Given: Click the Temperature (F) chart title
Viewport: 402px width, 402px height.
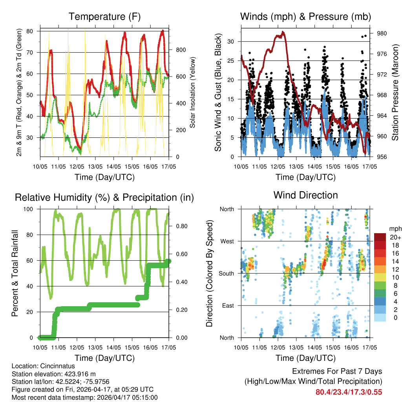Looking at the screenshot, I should click(x=104, y=17).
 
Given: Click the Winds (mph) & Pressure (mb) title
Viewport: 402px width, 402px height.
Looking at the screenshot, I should click(x=305, y=17).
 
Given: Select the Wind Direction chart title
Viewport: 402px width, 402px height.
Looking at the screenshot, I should click(x=305, y=195).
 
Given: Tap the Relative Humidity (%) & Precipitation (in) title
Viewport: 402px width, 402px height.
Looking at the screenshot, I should click(x=104, y=197).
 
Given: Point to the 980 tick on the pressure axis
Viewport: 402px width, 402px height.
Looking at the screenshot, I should click(x=382, y=33).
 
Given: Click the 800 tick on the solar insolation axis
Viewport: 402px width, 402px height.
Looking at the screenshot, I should click(x=181, y=50).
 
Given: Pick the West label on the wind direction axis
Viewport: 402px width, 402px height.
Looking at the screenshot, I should click(x=227, y=241).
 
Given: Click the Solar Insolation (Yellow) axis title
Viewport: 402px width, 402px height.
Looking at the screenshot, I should click(x=193, y=92).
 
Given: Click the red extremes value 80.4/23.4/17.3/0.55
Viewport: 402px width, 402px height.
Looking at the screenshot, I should click(x=349, y=392).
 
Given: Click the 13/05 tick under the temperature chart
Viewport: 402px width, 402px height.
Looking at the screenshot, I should click(x=95, y=167).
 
